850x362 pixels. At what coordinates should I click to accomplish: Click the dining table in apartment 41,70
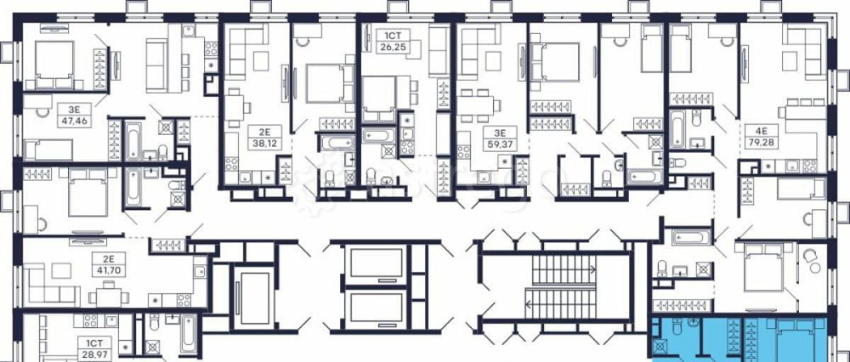point(109,297)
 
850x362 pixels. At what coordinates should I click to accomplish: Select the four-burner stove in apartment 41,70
point(184,300)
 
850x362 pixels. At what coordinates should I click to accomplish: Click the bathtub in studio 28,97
point(189,333)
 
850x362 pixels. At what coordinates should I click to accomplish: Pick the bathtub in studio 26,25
point(379,135)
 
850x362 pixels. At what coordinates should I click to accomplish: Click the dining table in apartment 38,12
point(235,104)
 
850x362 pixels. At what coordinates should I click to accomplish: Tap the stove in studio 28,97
point(90,320)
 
